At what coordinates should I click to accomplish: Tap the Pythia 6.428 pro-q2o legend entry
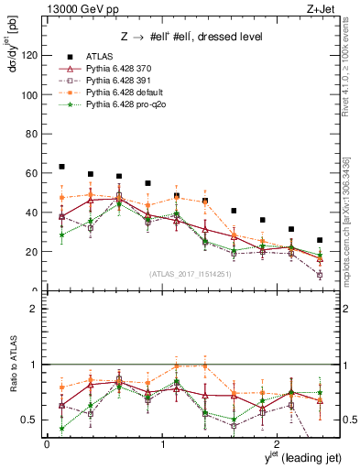125,106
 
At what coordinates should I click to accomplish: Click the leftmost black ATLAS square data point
61,167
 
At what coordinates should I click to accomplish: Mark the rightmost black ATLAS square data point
320,240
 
